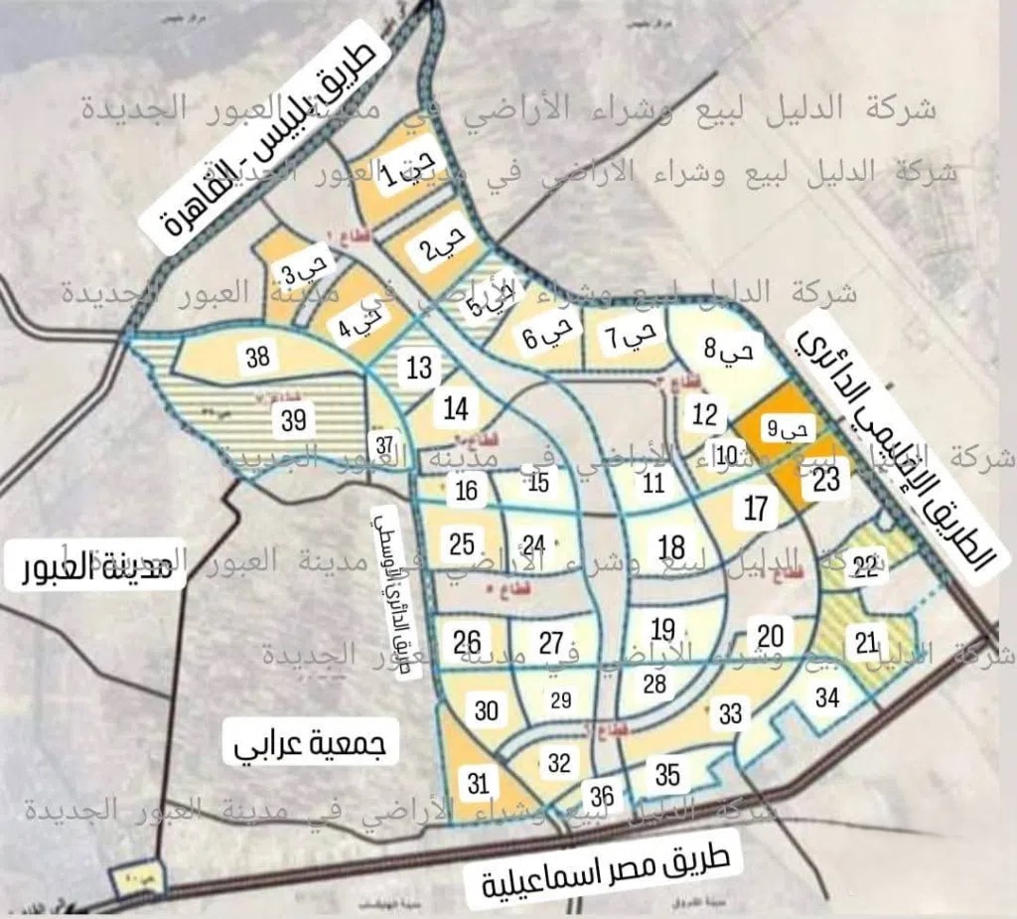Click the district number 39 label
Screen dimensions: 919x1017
coord(293,420)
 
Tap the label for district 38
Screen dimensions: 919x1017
coord(258,357)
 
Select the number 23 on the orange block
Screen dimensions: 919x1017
coord(826,480)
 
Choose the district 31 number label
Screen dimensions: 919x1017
coord(479,783)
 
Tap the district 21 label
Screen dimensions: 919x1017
coord(867,643)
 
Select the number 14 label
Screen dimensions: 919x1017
coord(456,408)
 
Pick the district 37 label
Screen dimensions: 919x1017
coord(385,443)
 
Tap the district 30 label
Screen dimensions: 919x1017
coord(487,711)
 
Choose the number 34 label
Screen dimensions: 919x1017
coord(827,697)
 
